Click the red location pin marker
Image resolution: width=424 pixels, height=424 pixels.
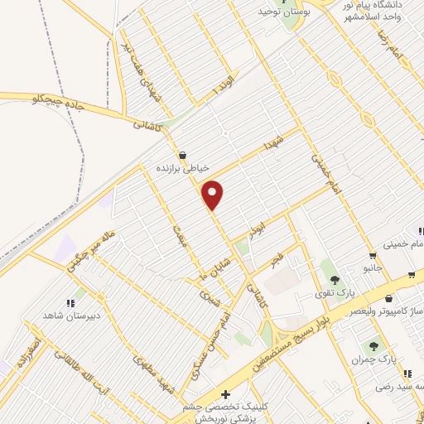click(214, 195)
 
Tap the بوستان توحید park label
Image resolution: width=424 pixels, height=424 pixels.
click(277, 11)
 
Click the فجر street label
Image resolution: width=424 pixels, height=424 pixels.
click(277, 262)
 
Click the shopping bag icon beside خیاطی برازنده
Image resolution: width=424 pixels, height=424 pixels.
click(182, 154)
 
